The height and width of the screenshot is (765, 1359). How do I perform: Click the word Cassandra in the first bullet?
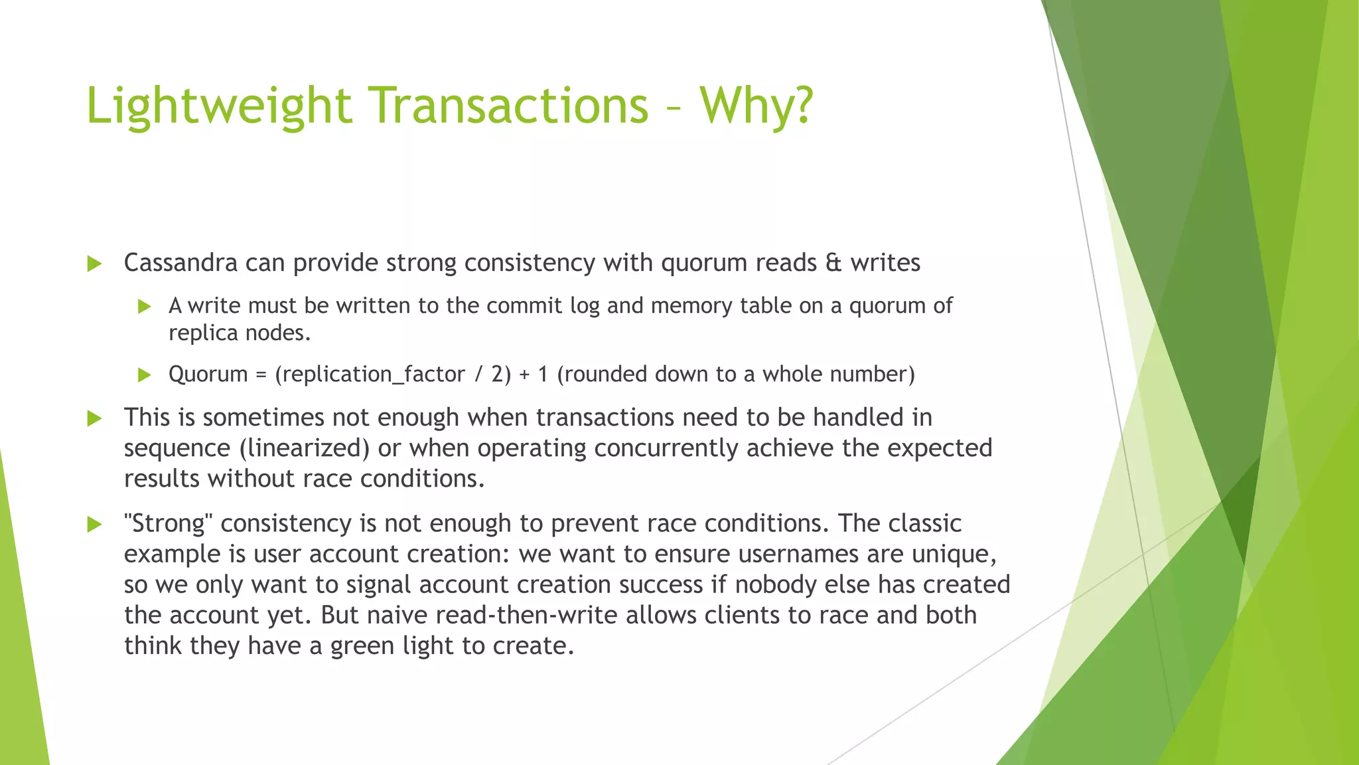[x=180, y=263]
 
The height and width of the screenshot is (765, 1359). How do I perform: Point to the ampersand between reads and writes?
[x=833, y=263]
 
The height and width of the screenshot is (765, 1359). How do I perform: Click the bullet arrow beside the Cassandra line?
[x=95, y=264]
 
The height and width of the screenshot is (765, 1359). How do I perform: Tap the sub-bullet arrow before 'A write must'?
[x=145, y=306]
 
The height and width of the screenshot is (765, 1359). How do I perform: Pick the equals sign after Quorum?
[x=261, y=375]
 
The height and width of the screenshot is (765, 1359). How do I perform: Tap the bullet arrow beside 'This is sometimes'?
[x=95, y=418]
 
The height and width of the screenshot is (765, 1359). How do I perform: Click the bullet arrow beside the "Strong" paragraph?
[x=95, y=525]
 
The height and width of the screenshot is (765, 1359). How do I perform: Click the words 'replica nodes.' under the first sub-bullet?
[x=240, y=333]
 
